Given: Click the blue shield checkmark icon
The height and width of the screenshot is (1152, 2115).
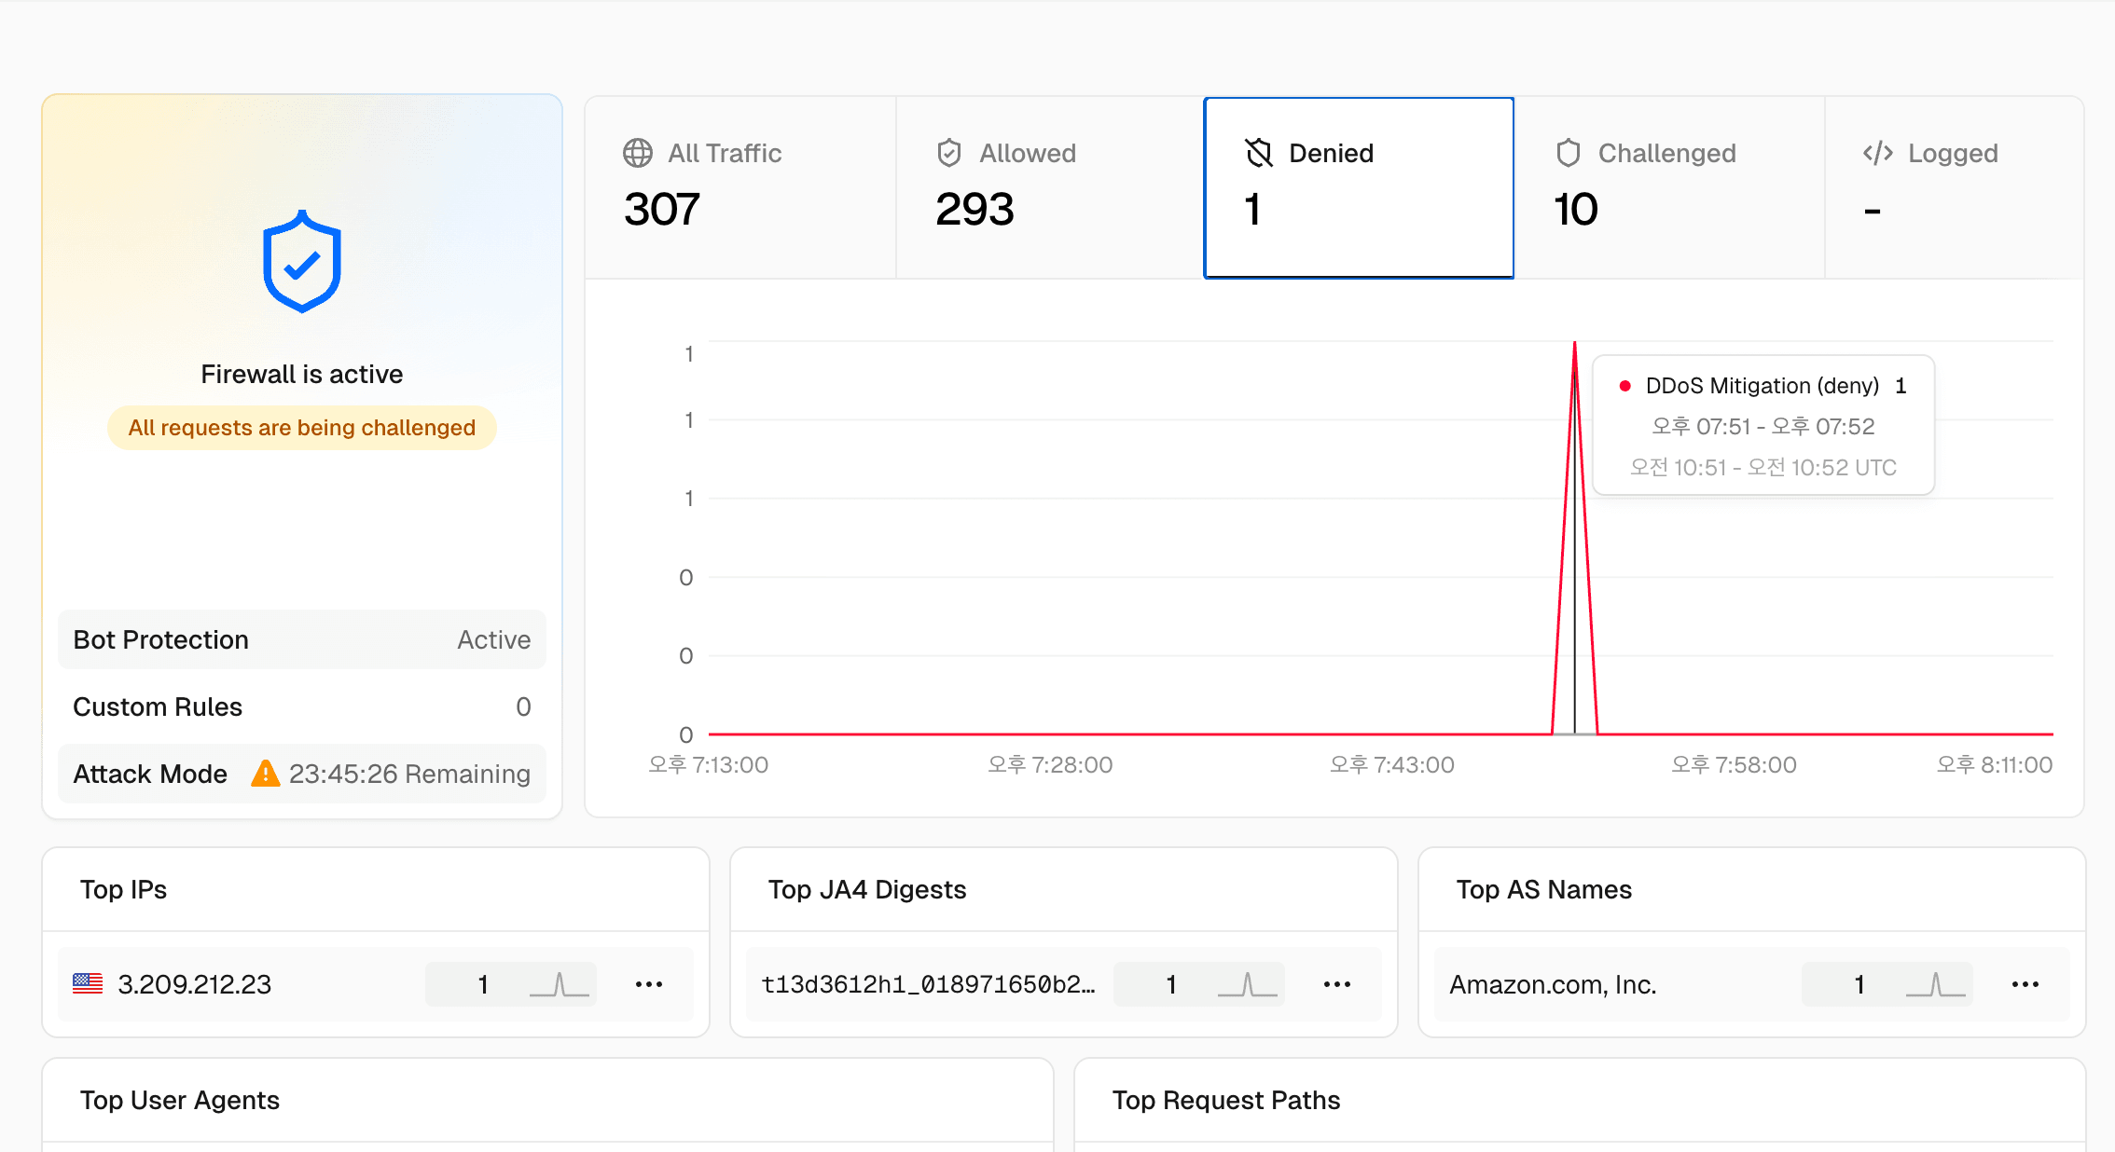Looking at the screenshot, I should (301, 262).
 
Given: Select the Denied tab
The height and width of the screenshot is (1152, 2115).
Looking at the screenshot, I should (1358, 186).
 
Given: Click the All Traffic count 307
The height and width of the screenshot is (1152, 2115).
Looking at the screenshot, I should (661, 210).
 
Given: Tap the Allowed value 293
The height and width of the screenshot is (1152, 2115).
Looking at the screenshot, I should (974, 210).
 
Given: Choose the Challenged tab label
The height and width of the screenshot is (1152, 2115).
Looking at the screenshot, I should (1666, 153).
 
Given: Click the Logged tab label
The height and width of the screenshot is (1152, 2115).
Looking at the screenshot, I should (1952, 153).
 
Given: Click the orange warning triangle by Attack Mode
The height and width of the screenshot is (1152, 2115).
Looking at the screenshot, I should (266, 774).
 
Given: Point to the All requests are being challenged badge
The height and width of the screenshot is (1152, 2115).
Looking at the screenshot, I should (301, 428).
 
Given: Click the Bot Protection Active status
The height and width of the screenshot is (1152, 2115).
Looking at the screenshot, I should (493, 640).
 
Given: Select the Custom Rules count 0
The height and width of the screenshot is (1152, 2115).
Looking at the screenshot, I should (523, 707).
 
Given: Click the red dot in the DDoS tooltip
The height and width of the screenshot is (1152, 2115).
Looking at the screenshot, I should (1624, 386).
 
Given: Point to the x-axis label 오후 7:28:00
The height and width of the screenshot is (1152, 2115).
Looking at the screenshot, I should (1050, 765).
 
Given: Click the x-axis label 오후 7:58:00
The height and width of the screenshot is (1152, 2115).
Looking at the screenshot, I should (1734, 765).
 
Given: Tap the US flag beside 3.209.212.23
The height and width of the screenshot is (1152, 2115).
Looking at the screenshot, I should (88, 983).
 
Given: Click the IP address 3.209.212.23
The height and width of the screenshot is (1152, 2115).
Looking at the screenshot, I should (194, 984).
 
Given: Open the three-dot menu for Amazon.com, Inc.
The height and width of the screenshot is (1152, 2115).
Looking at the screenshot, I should (2025, 984).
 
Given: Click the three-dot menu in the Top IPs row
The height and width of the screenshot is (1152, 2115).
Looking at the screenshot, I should (648, 984).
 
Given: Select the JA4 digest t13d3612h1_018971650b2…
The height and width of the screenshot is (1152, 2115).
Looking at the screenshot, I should (928, 984).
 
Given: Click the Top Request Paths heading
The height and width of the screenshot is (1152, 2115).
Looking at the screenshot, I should (1225, 1101).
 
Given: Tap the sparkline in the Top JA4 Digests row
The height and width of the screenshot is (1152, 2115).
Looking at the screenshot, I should (1247, 984).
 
